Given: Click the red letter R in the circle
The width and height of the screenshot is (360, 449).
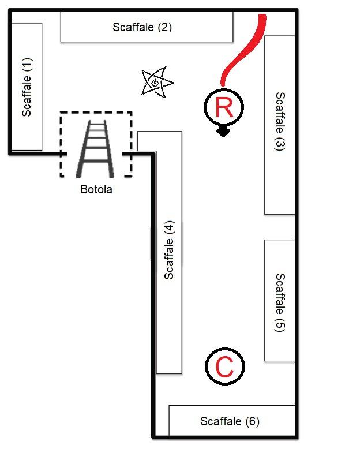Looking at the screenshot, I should [224, 107].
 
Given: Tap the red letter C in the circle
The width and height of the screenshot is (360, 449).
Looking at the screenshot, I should [224, 366].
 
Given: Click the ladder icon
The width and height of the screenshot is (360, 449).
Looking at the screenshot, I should [95, 149].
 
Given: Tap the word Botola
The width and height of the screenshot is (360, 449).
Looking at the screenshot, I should [96, 189].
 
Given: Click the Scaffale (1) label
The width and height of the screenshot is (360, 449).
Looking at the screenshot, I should [27, 87].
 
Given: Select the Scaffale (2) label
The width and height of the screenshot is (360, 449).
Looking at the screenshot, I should [142, 27].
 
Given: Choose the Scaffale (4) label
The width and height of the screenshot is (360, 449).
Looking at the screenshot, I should [169, 250].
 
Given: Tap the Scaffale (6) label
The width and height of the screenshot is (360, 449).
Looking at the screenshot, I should [230, 421].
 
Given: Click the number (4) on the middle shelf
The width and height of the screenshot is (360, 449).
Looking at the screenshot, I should [169, 227].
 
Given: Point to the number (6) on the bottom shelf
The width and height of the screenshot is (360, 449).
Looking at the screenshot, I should [252, 421].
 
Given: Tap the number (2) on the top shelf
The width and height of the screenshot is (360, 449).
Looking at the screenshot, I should [164, 27].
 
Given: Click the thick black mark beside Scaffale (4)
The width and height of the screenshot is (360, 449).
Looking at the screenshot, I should [152, 242].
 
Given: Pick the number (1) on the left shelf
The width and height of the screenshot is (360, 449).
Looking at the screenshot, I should [27, 66].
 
